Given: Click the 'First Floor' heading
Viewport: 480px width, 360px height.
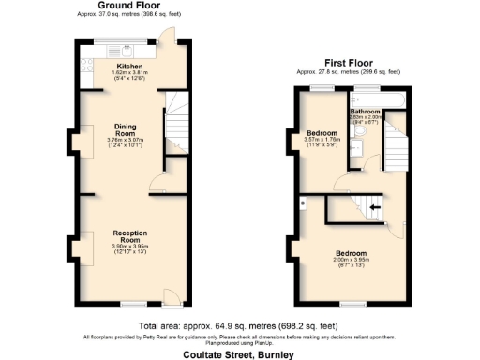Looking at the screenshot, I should [348, 64].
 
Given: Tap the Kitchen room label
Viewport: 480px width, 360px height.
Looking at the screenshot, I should [129, 67].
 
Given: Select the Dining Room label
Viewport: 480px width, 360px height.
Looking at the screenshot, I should [126, 129].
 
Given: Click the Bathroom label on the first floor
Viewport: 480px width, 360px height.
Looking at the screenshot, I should [365, 112].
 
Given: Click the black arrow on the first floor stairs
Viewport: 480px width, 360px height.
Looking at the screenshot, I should [376, 207].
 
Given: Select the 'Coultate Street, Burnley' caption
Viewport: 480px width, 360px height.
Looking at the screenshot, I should [239, 354].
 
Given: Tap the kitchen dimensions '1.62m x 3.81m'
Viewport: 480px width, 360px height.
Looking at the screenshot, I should [129, 72].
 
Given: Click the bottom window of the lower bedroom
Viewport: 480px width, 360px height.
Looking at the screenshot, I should [352, 304].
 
